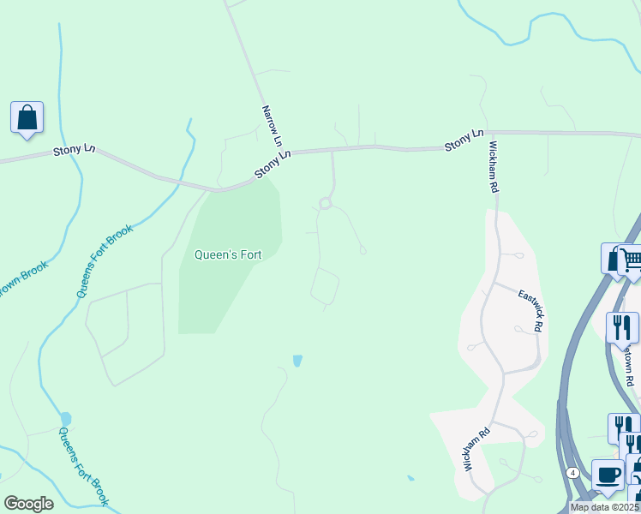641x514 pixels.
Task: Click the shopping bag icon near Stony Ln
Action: (27, 117)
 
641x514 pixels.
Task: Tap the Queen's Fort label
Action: (227, 254)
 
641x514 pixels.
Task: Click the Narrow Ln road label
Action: (272, 125)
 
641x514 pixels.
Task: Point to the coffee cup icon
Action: (608, 475)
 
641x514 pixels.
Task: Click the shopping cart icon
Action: (631, 259)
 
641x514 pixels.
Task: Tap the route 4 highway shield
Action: (572, 472)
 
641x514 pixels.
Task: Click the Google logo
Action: (28, 504)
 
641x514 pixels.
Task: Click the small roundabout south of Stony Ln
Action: (325, 203)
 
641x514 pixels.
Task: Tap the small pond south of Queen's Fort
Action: (297, 361)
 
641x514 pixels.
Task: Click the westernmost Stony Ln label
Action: (74, 149)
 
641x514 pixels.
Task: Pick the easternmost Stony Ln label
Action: (464, 140)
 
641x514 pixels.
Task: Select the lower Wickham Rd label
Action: (480, 446)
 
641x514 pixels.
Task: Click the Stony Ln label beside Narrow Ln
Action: (273, 165)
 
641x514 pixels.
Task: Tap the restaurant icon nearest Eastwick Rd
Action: (622, 326)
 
